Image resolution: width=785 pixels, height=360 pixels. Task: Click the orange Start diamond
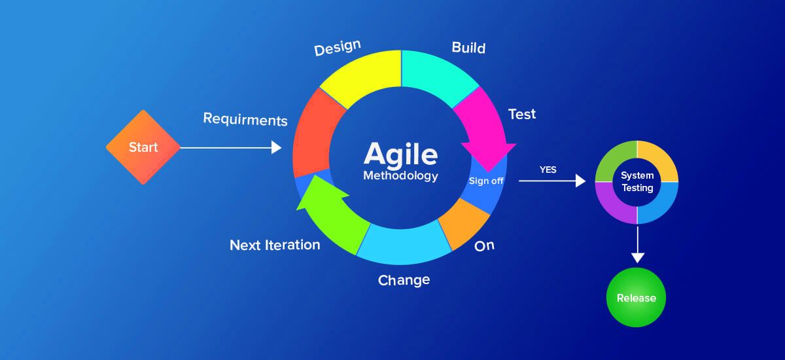[143, 147]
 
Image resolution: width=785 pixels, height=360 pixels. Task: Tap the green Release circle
[636, 298]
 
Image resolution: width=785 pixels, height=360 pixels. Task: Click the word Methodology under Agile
[400, 176]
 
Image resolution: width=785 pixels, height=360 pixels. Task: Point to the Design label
[338, 49]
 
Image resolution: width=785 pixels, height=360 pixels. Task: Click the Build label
[468, 48]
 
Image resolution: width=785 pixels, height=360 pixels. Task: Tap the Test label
[521, 114]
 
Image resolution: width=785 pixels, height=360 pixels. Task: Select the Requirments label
[245, 120]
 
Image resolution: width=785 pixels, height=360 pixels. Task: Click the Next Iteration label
[275, 245]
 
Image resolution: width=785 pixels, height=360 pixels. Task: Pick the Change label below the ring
[404, 280]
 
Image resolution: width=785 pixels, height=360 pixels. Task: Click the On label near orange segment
[484, 246]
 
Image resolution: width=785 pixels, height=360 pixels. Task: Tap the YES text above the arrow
[548, 170]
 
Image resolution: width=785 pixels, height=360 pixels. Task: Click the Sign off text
[486, 181]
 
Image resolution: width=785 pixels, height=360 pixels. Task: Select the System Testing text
[637, 182]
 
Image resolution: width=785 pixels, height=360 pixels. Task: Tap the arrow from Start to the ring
[229, 148]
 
